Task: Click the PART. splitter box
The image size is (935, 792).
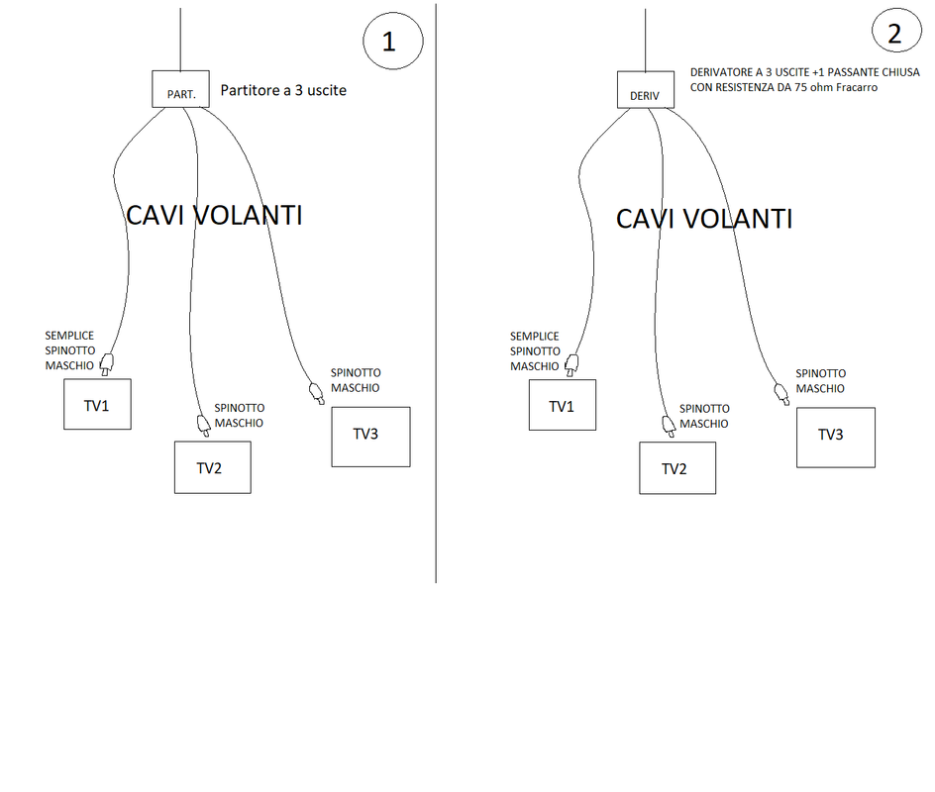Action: point(180,89)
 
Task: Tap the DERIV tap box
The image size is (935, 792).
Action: point(645,90)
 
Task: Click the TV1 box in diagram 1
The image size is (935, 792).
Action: point(97,406)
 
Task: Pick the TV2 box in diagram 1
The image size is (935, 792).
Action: point(212,467)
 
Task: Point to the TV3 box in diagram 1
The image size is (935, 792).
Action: point(370,437)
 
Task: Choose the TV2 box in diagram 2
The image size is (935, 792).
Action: point(677,468)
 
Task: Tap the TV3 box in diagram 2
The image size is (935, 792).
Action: point(836,437)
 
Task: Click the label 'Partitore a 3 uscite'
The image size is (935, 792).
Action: point(283,90)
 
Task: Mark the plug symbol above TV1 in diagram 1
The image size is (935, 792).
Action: point(108,363)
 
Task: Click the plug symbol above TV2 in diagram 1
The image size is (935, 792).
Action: point(204,425)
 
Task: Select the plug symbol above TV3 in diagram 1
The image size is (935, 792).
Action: point(317,394)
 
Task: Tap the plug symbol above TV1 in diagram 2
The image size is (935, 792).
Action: point(573,363)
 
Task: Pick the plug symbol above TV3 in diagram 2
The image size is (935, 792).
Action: point(782,394)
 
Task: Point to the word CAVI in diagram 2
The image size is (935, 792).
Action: point(649,219)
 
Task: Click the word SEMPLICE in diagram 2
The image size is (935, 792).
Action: point(535,337)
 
